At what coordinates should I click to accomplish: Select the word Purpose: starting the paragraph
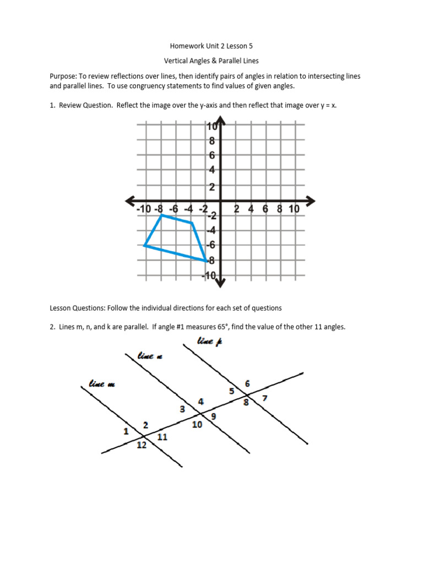64,76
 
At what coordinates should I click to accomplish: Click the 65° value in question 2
221,327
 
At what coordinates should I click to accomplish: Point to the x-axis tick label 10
294,209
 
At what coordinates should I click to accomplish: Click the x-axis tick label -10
143,209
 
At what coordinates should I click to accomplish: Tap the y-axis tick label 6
211,155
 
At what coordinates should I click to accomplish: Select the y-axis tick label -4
210,230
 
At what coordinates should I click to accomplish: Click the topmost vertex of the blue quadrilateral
161,216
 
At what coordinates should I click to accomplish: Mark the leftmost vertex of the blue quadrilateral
144,245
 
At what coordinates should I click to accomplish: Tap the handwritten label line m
102,384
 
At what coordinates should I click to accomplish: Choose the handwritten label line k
210,343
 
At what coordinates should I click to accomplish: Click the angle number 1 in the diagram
126,431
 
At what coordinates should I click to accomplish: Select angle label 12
142,445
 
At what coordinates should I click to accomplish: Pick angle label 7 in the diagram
265,398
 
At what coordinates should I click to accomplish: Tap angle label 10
197,425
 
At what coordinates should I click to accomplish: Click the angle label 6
247,383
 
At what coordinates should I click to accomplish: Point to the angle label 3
182,409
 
